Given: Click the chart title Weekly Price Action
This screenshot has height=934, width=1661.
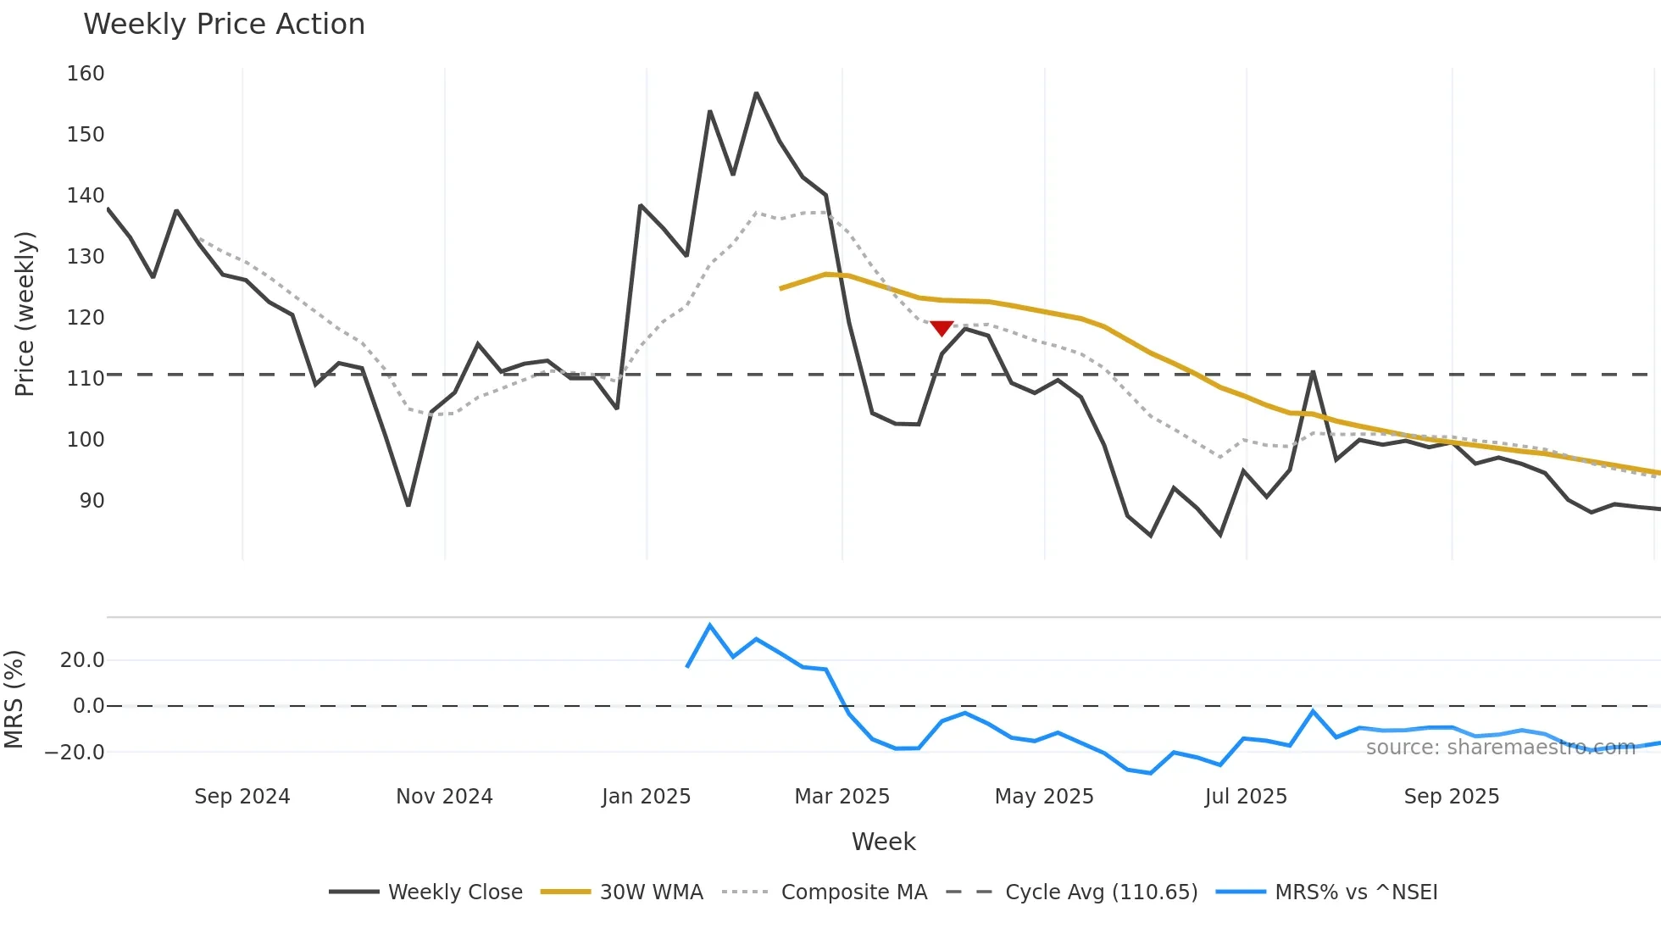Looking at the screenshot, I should (x=224, y=24).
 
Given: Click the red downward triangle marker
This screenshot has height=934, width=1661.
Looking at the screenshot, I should (x=942, y=328).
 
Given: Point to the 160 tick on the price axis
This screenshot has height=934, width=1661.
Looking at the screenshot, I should (x=86, y=74).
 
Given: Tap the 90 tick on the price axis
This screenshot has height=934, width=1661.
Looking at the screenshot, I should (x=92, y=501).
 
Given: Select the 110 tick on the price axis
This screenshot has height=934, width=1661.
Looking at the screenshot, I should (x=86, y=379).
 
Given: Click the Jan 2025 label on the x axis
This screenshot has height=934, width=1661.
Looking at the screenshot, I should (x=646, y=797).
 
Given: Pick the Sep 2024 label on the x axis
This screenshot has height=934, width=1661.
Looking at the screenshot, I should (x=242, y=797).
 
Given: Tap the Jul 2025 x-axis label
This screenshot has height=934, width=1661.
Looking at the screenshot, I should (x=1246, y=797).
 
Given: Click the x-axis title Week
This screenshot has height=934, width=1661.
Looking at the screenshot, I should (x=883, y=842).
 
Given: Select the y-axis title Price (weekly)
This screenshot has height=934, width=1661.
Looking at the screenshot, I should (x=25, y=314).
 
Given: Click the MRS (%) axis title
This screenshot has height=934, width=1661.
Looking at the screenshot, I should (x=14, y=699).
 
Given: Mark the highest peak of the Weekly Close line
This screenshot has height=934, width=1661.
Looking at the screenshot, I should (x=756, y=93).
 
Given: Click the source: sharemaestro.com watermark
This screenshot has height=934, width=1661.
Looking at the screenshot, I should (x=1500, y=748).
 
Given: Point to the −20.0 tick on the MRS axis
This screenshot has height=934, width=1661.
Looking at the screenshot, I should (x=75, y=753).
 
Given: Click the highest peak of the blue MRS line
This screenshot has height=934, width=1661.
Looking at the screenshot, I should (x=710, y=625).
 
